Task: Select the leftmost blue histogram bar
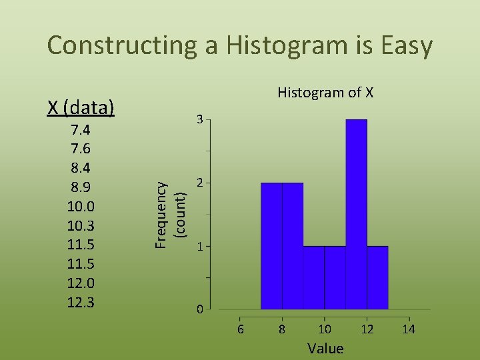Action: pyautogui.click(x=271, y=245)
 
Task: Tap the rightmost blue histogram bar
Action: pyautogui.click(x=377, y=277)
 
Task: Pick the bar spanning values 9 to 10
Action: pyautogui.click(x=314, y=277)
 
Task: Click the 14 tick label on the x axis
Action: pyautogui.click(x=409, y=329)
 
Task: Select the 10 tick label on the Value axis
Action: pyautogui.click(x=324, y=329)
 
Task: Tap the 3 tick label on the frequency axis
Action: pyautogui.click(x=199, y=120)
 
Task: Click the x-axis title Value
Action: pyautogui.click(x=325, y=348)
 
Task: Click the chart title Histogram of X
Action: pyautogui.click(x=325, y=92)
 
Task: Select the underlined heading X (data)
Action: pyautogui.click(x=81, y=107)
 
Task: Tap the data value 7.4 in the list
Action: pyautogui.click(x=81, y=129)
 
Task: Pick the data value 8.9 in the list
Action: pyautogui.click(x=81, y=187)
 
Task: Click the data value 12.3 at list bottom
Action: pyautogui.click(x=81, y=303)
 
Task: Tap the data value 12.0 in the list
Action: pyautogui.click(x=81, y=283)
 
